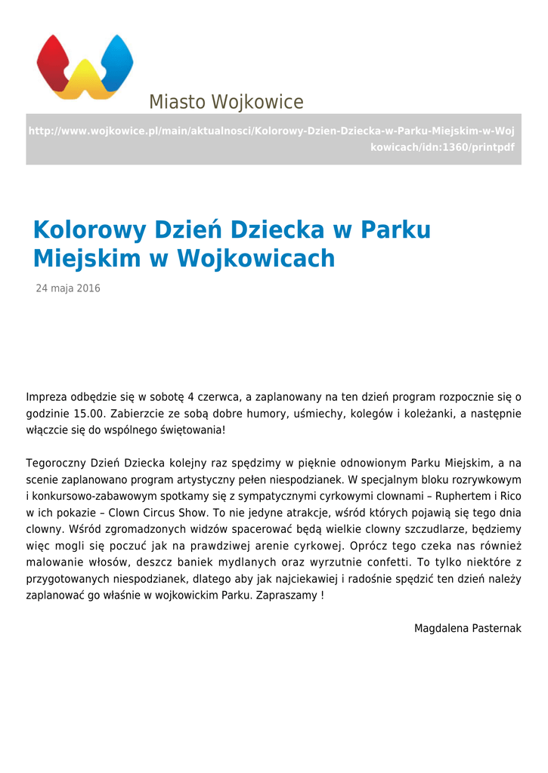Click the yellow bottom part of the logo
(x=85, y=85)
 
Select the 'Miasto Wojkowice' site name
(x=226, y=102)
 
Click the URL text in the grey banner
(x=271, y=139)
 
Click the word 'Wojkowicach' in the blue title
(x=255, y=259)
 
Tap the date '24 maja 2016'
(x=68, y=289)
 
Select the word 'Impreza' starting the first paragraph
(x=46, y=397)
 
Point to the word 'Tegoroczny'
(x=55, y=463)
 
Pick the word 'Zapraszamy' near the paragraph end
(x=288, y=596)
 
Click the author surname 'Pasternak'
(x=496, y=629)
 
